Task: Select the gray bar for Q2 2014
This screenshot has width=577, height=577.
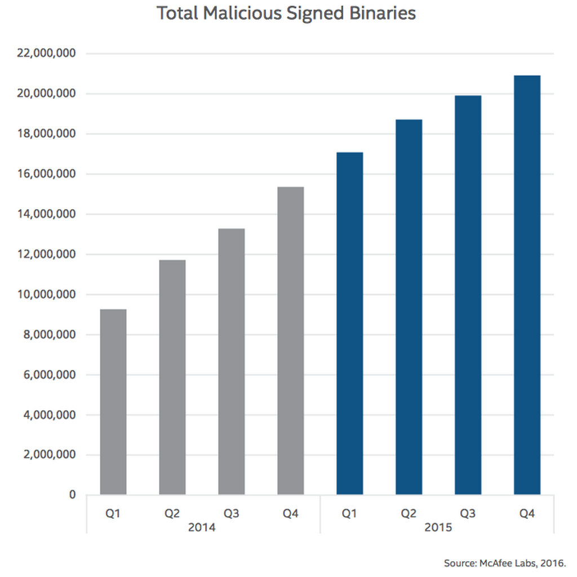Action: [172, 377]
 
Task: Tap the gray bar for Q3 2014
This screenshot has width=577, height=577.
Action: [232, 361]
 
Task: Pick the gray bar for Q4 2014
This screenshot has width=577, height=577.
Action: [291, 340]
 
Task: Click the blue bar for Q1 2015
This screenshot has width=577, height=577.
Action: [349, 323]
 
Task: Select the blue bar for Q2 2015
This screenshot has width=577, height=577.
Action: [409, 307]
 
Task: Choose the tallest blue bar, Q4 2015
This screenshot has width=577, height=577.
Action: [527, 285]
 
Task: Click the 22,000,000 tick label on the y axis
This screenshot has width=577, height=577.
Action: [47, 54]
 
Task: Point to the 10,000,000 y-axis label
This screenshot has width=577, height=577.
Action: [47, 295]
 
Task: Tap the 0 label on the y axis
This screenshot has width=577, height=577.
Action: [72, 495]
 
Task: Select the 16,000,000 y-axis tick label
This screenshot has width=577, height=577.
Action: [47, 174]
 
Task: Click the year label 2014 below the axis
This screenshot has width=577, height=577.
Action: [202, 529]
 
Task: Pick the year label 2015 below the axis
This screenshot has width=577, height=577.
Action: [438, 529]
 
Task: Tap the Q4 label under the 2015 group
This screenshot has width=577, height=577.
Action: [527, 513]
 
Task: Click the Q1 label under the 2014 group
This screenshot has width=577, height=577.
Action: [113, 513]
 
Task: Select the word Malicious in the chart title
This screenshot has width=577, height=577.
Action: [245, 14]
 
